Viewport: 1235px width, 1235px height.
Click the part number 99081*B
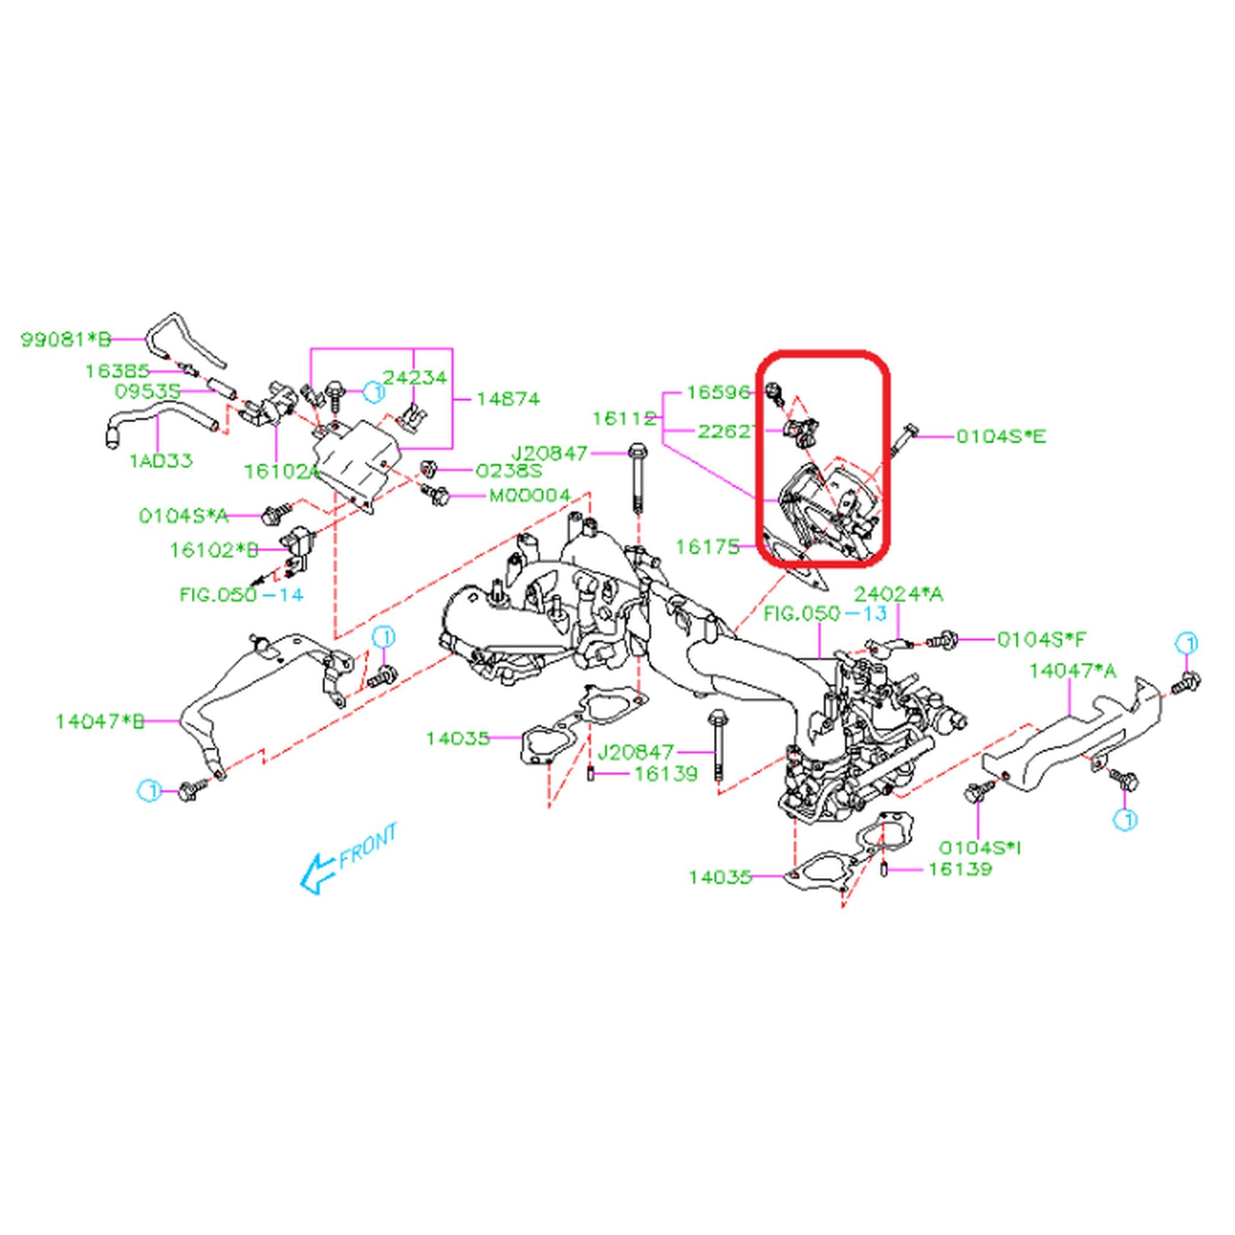(x=66, y=339)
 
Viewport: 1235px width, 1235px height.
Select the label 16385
(x=118, y=371)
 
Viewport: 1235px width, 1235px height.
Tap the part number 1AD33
(x=161, y=460)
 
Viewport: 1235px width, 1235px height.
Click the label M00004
(x=529, y=496)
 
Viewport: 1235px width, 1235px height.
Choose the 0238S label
(x=509, y=471)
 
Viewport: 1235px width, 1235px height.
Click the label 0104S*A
(x=183, y=516)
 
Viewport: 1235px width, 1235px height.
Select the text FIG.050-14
(x=242, y=595)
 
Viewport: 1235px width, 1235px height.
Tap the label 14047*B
(x=99, y=722)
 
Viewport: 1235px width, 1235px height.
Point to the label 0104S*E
(x=1001, y=437)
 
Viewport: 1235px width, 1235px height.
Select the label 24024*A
(x=899, y=594)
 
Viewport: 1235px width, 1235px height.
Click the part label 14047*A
(x=1073, y=671)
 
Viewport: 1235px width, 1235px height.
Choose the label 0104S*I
(x=980, y=848)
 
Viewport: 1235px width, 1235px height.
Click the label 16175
(x=707, y=546)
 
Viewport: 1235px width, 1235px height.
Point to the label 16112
(x=624, y=419)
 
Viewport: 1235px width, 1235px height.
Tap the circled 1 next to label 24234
(x=375, y=391)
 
